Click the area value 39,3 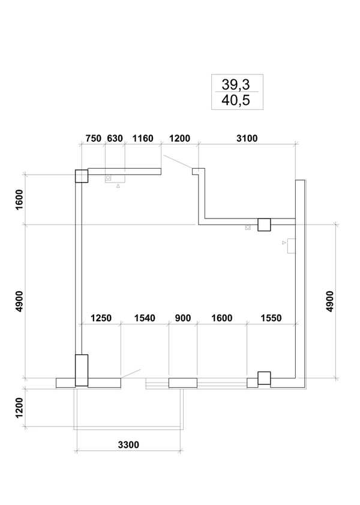(235, 85)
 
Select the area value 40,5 (235, 100)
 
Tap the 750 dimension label (93, 138)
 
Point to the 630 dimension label (115, 138)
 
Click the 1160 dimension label (143, 138)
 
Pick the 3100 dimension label (247, 138)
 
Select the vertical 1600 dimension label (19, 199)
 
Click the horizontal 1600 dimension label (221, 318)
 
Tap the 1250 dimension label (101, 318)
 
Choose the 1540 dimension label (145, 318)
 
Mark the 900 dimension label (183, 318)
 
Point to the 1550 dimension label (271, 318)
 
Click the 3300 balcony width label (128, 445)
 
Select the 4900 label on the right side (330, 301)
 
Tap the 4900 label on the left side (19, 301)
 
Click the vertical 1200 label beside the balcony (19, 408)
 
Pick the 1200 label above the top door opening (179, 138)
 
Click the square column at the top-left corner (82, 176)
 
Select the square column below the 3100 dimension (264, 225)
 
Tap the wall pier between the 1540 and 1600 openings (183, 383)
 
